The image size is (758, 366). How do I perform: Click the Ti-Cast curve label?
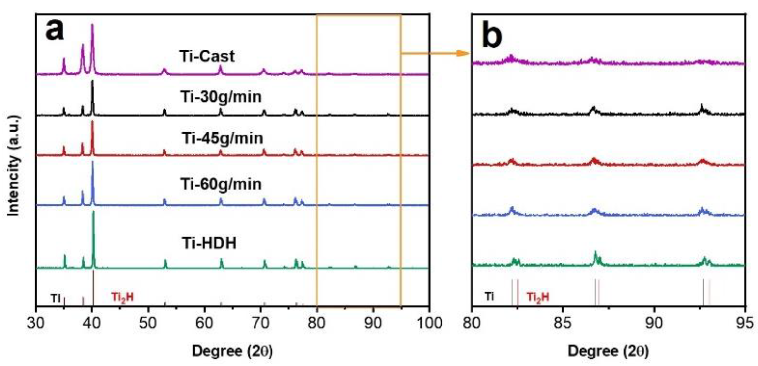point(207,56)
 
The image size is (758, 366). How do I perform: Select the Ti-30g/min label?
point(221,97)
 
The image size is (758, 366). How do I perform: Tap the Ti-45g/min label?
point(223,138)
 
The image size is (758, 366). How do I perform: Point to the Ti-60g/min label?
point(221,184)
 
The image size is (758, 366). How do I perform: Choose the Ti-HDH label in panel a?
point(209,244)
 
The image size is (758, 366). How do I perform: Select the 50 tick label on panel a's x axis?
point(148,323)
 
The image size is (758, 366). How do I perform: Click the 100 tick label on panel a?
point(428,323)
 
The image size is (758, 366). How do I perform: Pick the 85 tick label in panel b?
point(563,323)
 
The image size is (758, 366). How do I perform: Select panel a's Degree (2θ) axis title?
point(232,351)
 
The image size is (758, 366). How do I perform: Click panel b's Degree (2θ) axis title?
point(608,351)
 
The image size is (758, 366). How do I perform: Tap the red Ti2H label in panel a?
point(122,297)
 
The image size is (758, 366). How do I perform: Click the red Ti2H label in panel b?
point(538,297)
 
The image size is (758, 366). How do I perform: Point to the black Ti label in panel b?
point(489,296)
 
